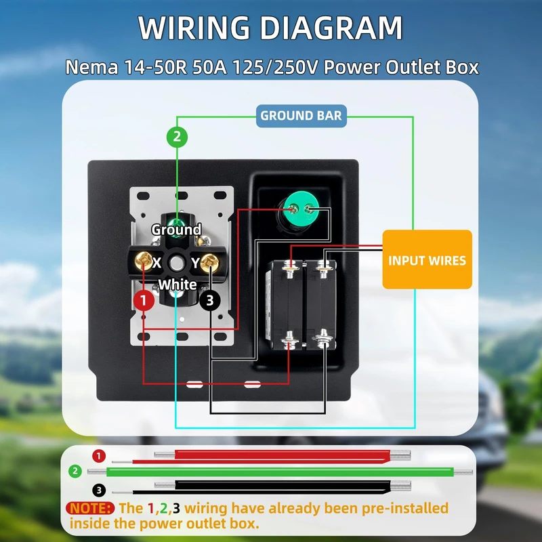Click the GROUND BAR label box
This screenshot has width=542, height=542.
(301, 116)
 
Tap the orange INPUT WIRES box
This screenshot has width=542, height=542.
(427, 260)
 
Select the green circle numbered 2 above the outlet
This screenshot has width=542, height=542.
(177, 137)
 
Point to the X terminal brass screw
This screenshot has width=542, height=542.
(144, 260)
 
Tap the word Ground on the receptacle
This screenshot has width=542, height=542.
(176, 230)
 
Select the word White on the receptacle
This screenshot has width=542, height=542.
(178, 285)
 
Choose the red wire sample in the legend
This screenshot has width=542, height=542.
(271, 456)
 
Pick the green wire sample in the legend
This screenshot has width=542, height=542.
(271, 471)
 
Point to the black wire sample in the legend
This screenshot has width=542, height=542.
(271, 486)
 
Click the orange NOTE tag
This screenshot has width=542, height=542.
(90, 507)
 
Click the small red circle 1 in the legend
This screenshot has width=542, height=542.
(100, 455)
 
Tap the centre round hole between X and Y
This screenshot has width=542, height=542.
(177, 262)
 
